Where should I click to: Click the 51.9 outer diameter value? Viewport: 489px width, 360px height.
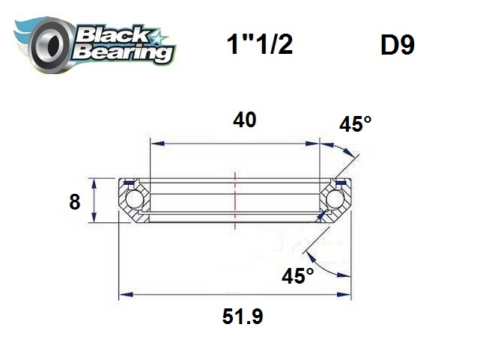242,317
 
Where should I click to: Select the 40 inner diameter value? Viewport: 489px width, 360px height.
244,120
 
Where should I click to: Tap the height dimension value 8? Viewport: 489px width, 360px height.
74,202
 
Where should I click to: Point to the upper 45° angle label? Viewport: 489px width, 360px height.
355,124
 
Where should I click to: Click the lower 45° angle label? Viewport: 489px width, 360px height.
297,276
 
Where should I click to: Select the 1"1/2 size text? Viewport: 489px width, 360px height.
259,46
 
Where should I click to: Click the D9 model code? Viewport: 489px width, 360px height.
397,46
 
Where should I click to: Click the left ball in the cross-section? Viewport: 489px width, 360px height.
135,200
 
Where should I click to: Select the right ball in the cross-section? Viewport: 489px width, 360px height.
334,200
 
